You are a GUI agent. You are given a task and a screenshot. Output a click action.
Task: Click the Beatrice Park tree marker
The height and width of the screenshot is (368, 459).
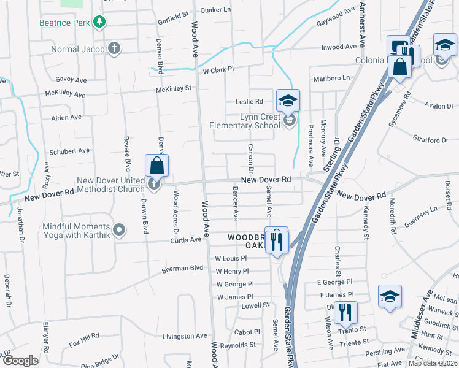click(x=99, y=23)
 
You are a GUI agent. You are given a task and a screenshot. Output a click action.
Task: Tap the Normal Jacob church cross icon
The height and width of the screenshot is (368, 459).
click(x=114, y=48)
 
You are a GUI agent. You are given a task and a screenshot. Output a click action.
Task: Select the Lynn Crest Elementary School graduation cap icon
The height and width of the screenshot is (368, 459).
click(x=287, y=100)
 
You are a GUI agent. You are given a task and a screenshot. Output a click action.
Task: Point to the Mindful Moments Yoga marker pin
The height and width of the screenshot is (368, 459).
click(x=119, y=231)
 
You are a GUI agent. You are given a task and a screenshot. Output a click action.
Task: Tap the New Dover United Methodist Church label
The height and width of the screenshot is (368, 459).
click(x=110, y=185)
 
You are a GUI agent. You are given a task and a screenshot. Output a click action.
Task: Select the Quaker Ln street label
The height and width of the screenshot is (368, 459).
click(x=216, y=10)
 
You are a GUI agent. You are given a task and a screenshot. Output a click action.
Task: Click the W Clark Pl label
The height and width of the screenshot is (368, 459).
click(x=218, y=70)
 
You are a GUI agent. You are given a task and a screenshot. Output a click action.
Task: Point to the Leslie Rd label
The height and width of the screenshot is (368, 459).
click(x=249, y=102)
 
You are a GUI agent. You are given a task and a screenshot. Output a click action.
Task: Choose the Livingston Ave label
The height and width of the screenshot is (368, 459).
click(x=185, y=336)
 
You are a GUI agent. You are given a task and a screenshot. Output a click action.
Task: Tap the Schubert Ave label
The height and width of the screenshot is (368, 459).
click(x=70, y=151)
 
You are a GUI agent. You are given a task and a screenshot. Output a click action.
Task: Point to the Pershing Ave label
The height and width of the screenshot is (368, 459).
click(x=385, y=352)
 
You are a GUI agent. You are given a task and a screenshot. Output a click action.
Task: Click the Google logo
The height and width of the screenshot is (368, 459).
click(x=20, y=361)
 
